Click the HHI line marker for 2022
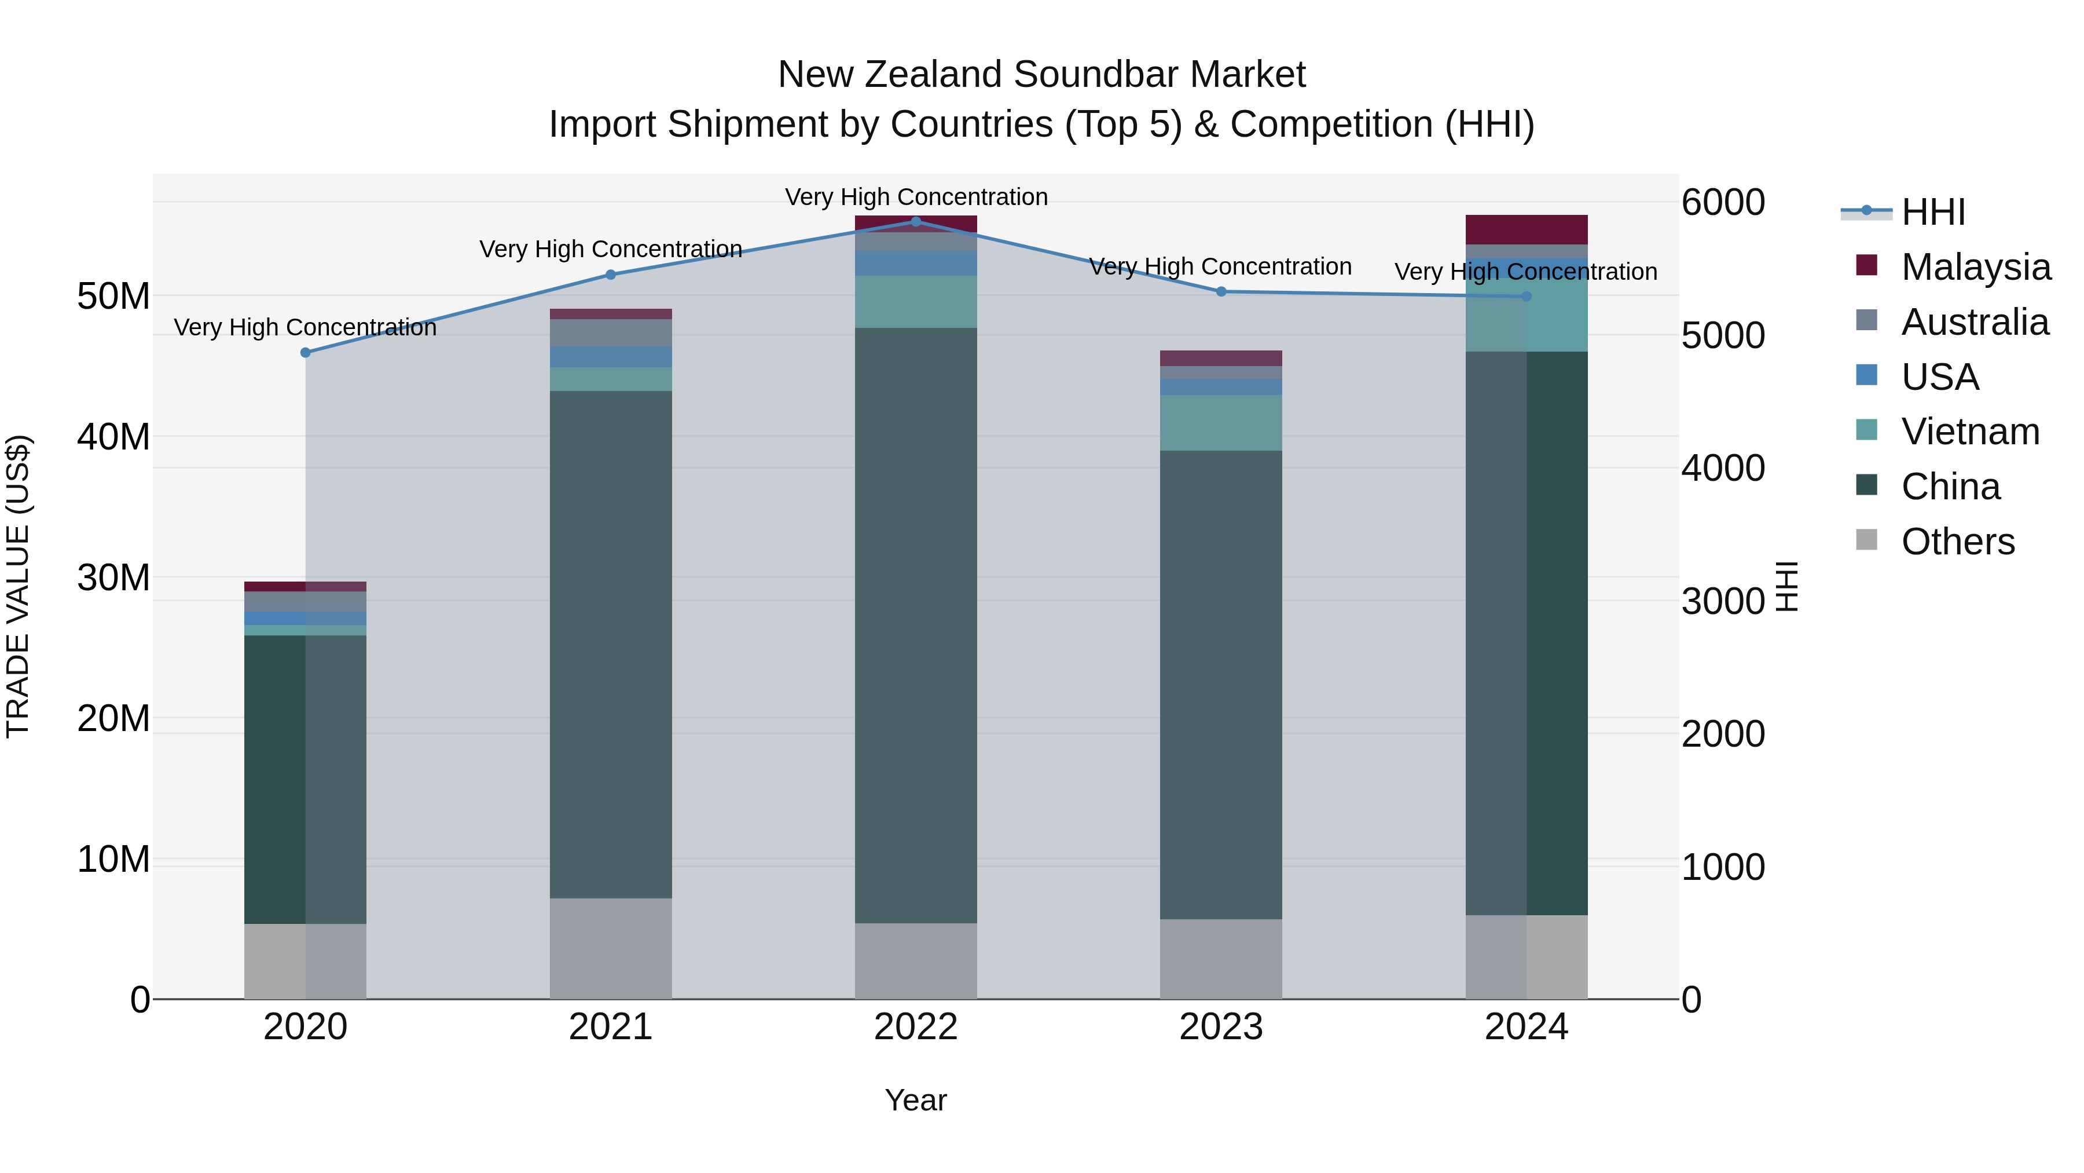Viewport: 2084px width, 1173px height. tap(916, 221)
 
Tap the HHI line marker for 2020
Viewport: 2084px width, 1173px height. tap(305, 352)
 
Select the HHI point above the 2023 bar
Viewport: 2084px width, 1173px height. tap(1221, 291)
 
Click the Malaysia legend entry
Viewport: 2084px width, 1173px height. tap(1975, 267)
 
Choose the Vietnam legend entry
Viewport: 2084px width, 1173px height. tap(1969, 432)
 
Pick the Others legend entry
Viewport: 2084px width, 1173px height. tap(1957, 542)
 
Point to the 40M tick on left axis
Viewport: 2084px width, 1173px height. tap(113, 437)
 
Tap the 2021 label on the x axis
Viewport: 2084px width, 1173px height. tap(610, 1027)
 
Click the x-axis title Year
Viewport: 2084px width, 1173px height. tap(915, 1100)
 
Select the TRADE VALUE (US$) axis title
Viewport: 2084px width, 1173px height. tap(18, 586)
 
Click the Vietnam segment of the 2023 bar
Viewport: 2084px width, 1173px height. tap(1221, 423)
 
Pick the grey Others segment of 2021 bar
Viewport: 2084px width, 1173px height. tap(610, 948)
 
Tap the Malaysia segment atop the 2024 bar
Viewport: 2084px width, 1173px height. tap(1526, 229)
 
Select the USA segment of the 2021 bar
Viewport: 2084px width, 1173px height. tap(610, 357)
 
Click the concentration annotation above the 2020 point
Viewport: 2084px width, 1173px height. tap(305, 327)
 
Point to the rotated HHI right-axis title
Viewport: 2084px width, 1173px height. tap(1786, 586)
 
